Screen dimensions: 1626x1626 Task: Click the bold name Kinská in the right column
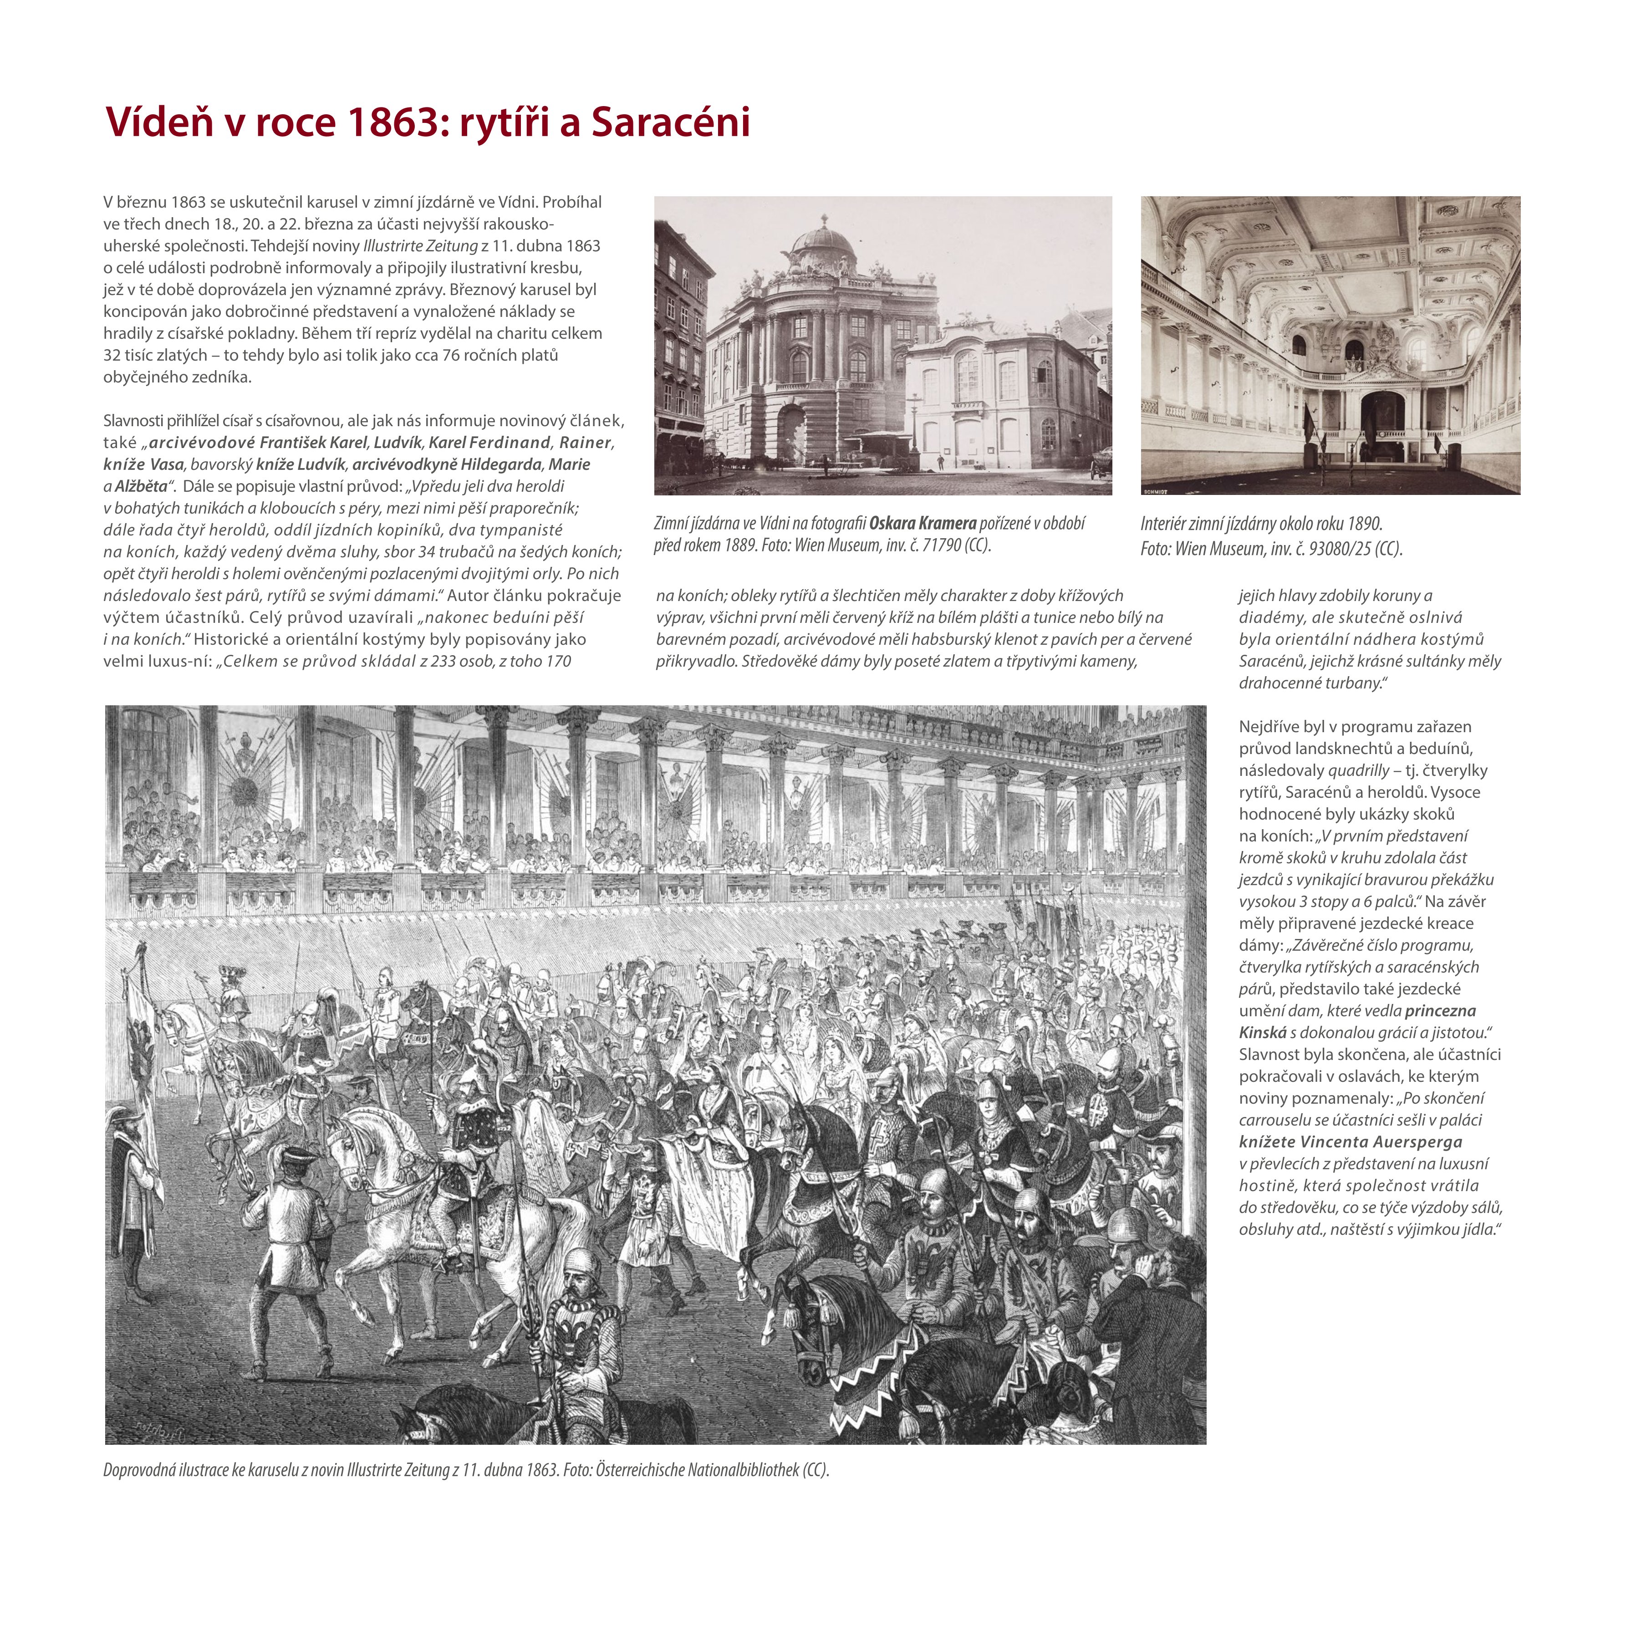click(x=1263, y=1033)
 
